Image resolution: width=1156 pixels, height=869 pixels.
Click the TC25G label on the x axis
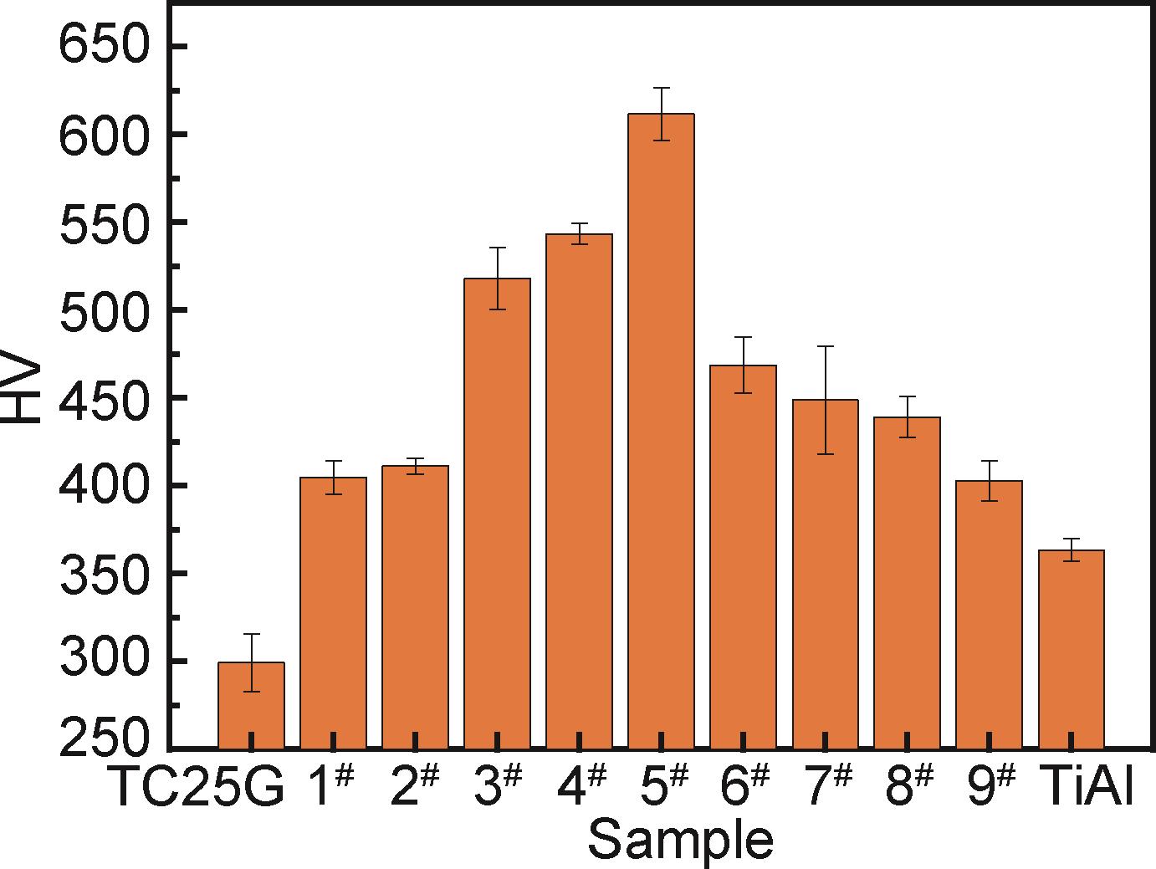pyautogui.click(x=197, y=788)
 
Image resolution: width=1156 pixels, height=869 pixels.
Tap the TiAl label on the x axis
pyautogui.click(x=1086, y=788)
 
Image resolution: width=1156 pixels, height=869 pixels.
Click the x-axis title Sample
pyautogui.click(x=679, y=840)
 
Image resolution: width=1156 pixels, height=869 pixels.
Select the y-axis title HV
pyautogui.click(x=23, y=391)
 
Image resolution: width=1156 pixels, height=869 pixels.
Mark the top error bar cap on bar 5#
pyautogui.click(x=661, y=88)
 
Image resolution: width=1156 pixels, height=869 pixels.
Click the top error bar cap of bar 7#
pyautogui.click(x=826, y=346)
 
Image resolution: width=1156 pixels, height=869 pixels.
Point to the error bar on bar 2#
pyautogui.click(x=415, y=466)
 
